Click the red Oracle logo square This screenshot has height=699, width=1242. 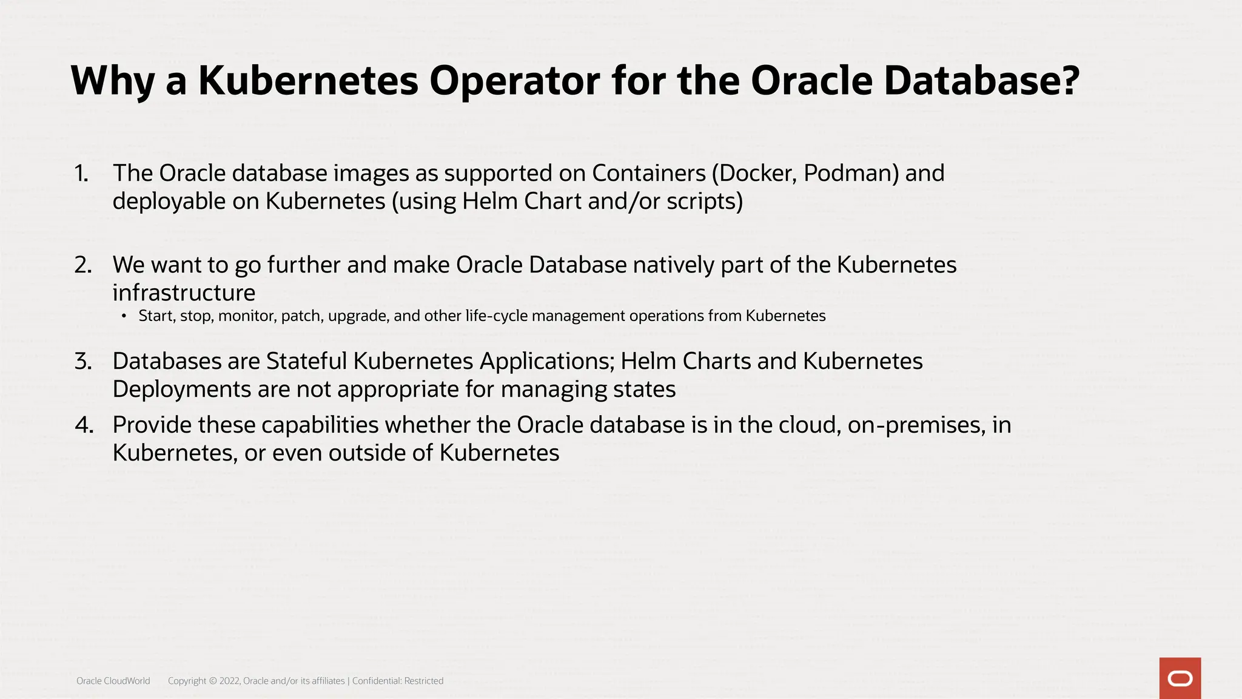(x=1180, y=678)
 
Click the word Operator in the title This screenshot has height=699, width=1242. (x=514, y=81)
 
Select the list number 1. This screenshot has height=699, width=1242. (x=81, y=174)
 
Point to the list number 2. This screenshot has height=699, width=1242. (x=83, y=265)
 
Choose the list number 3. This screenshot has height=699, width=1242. (x=83, y=362)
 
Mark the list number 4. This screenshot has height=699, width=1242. (x=84, y=425)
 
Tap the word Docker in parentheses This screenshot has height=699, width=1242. (x=754, y=174)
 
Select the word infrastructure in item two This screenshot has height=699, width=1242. (x=184, y=293)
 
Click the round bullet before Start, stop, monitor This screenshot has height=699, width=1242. (x=124, y=316)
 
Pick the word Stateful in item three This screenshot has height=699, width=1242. (x=306, y=362)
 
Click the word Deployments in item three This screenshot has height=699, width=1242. (x=181, y=390)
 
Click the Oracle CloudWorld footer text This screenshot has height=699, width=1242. (x=113, y=681)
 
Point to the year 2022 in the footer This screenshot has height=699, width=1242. (x=229, y=681)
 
